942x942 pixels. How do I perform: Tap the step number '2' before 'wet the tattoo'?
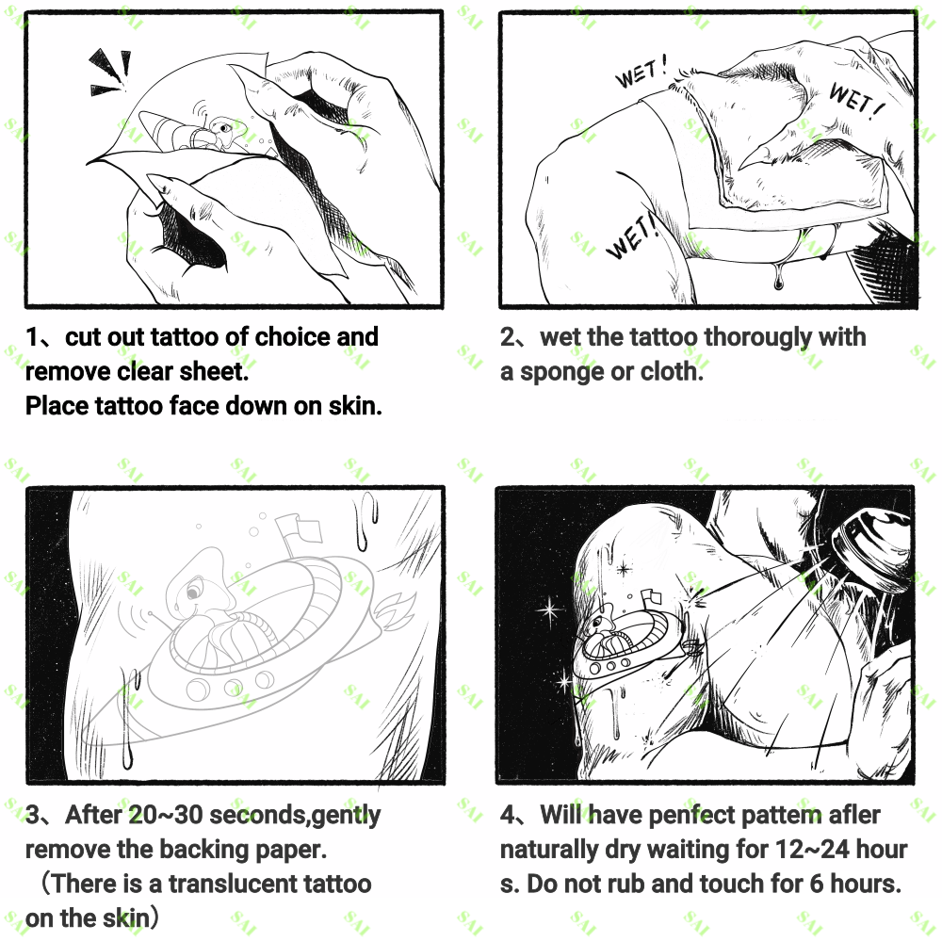[508, 337]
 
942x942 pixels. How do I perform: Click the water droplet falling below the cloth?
[779, 278]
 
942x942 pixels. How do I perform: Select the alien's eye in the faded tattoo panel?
[192, 593]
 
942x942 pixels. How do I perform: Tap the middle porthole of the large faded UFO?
[233, 686]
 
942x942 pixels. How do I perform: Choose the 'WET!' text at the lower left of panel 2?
[632, 236]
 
